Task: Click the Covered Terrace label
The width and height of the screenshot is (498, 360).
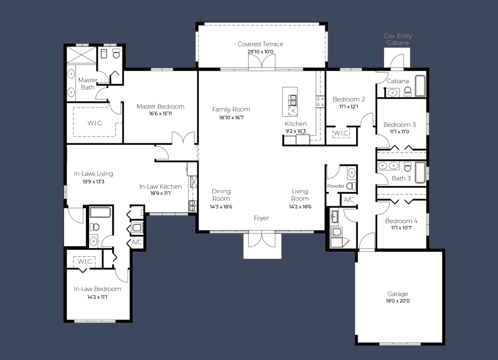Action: [260, 44]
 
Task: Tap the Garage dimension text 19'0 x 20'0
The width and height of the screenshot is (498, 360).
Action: [398, 301]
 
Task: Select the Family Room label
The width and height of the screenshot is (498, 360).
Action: [231, 110]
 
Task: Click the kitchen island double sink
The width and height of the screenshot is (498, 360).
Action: [292, 100]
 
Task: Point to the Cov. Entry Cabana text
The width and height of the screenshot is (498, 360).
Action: [398, 40]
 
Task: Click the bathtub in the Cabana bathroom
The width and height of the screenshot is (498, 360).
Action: [420, 86]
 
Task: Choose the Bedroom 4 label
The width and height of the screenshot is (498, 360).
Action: [401, 221]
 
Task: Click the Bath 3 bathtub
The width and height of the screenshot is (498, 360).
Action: [420, 172]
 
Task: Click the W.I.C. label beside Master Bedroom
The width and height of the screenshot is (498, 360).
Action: [95, 123]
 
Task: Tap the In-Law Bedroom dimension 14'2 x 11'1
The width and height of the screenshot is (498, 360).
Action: [97, 297]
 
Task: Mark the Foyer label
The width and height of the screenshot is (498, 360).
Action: [261, 218]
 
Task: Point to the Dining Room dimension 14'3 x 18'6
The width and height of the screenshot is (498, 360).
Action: [221, 207]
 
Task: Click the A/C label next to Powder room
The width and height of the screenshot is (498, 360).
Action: [349, 200]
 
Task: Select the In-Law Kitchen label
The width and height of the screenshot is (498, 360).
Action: [160, 187]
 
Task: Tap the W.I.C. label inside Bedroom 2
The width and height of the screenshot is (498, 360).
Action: [341, 133]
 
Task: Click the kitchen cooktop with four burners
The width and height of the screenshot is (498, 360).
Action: [320, 102]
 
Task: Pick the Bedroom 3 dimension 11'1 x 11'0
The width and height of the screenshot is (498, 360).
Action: [399, 132]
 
